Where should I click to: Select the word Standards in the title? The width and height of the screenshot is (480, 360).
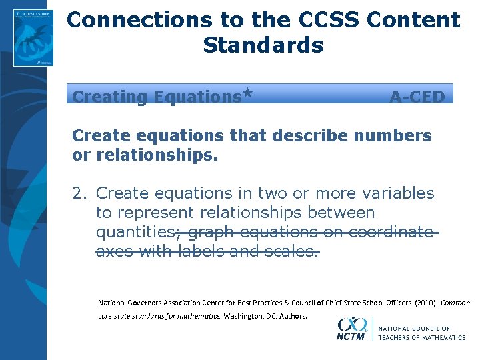(263, 45)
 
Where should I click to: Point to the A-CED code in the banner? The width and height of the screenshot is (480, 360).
(417, 97)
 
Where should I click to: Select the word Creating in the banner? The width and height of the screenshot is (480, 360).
(109, 97)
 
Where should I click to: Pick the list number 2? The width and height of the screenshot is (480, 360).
(79, 193)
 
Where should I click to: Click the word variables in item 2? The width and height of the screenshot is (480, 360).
(397, 193)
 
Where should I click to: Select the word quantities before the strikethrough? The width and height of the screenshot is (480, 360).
(135, 232)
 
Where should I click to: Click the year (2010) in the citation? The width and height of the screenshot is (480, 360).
(425, 303)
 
